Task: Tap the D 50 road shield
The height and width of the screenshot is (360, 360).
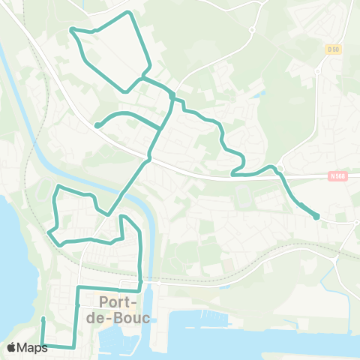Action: tap(334, 49)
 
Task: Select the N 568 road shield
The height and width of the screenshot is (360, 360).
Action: tap(337, 176)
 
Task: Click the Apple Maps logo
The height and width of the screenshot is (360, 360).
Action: tap(27, 347)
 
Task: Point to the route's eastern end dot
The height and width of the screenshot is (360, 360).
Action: tap(316, 217)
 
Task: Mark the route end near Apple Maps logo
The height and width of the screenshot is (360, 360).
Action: tap(43, 319)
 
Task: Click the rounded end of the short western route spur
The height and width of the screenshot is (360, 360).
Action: tap(97, 125)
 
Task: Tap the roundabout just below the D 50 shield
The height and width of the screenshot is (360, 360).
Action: tap(319, 72)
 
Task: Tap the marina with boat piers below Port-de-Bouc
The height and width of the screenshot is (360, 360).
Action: tap(120, 341)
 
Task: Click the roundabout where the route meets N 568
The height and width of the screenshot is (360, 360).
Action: tap(279, 169)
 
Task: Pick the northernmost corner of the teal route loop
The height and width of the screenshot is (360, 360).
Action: tap(130, 13)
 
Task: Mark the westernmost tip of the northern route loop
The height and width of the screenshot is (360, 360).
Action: tap(71, 29)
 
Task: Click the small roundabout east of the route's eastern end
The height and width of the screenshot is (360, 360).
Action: tap(353, 221)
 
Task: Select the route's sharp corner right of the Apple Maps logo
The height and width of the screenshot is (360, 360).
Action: tap(73, 346)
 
